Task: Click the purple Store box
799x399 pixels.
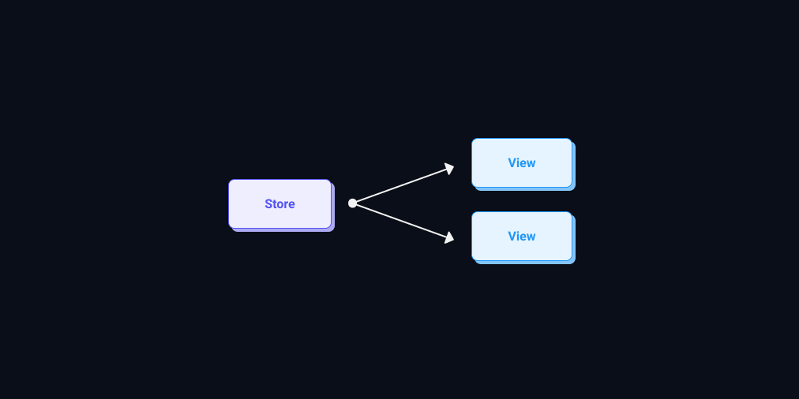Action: [x=279, y=203]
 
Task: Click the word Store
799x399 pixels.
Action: [x=279, y=204]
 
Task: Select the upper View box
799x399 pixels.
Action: [x=522, y=163]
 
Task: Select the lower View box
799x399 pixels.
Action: [x=522, y=236]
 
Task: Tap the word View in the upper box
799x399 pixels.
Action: [x=522, y=163]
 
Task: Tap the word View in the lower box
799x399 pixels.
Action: [x=522, y=236]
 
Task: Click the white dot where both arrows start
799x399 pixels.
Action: [x=352, y=203]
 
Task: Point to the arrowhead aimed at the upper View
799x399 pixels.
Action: [x=449, y=169]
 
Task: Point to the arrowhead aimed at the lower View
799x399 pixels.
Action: [x=449, y=237]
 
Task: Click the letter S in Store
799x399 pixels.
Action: [x=268, y=204]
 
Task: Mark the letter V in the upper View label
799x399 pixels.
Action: [x=512, y=163]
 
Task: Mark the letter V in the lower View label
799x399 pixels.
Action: [x=512, y=236]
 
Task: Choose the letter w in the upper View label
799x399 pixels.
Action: [x=531, y=164]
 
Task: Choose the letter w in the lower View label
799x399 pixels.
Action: [x=531, y=237]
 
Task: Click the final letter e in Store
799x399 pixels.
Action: [x=291, y=206]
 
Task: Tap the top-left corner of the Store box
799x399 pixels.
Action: [x=229, y=180]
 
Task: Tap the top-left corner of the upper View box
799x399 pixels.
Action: [x=472, y=139]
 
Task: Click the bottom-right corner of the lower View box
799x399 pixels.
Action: [x=576, y=264]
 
